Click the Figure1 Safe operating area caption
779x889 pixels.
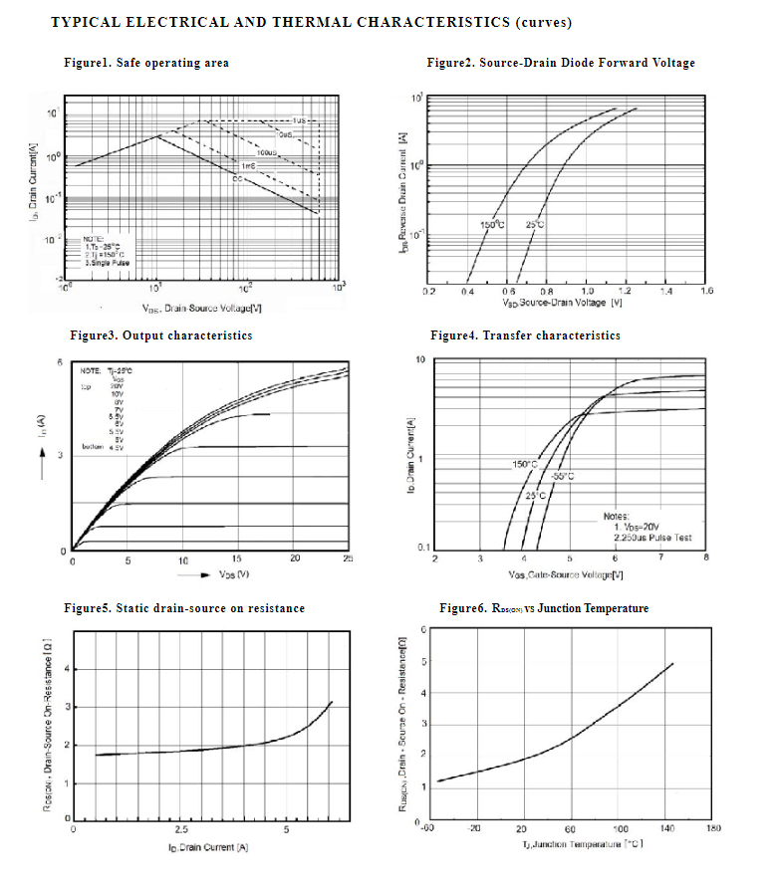(x=146, y=63)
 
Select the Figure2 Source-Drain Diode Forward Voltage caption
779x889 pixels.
(x=561, y=63)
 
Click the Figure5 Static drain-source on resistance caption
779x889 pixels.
(x=184, y=608)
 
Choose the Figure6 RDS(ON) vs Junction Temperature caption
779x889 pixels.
(x=544, y=608)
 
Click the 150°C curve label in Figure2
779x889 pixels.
(x=492, y=225)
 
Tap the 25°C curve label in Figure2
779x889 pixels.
(x=535, y=225)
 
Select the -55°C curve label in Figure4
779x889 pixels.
(x=563, y=477)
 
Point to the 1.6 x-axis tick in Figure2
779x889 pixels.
(x=706, y=292)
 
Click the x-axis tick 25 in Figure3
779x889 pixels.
(x=348, y=560)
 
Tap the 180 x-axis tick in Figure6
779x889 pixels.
(x=713, y=827)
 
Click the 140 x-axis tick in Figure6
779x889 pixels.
(x=666, y=827)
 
